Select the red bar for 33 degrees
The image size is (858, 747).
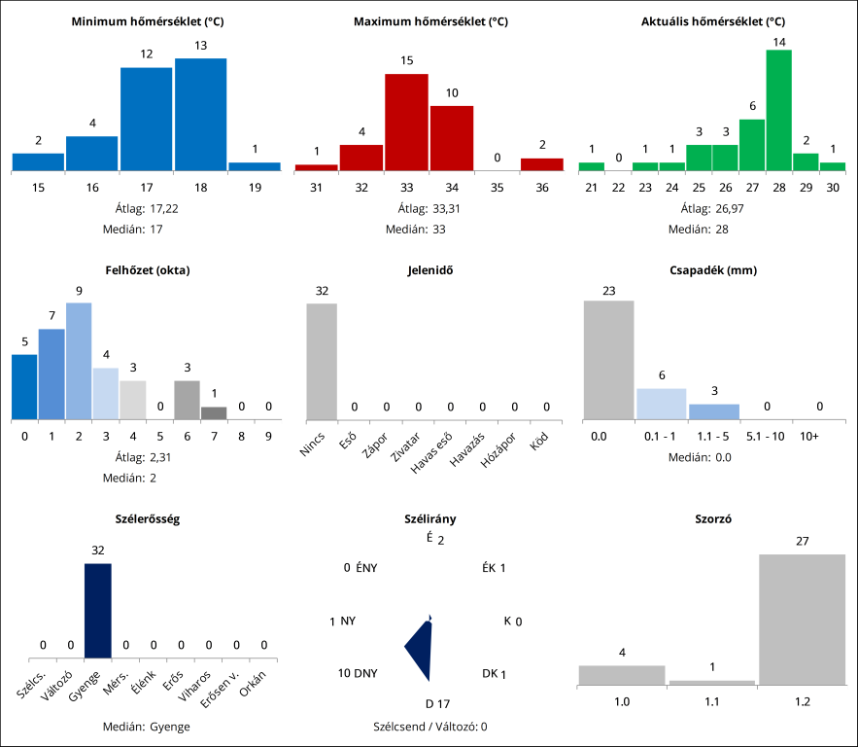click(x=406, y=123)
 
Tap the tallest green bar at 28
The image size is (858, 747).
click(x=778, y=110)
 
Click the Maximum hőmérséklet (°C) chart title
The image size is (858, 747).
click(x=430, y=21)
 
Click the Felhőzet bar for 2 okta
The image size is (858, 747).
click(x=79, y=361)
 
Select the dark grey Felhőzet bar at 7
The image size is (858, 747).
click(x=214, y=413)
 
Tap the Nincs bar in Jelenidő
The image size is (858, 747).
click(x=322, y=361)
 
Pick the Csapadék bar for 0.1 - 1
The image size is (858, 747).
click(x=661, y=404)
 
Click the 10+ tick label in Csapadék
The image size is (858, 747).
click(x=808, y=438)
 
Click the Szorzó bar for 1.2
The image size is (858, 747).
click(x=802, y=620)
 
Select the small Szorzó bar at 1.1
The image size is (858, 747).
click(x=712, y=683)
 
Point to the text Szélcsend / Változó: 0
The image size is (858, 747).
click(x=430, y=726)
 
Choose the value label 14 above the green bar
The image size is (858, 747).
click(x=778, y=42)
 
